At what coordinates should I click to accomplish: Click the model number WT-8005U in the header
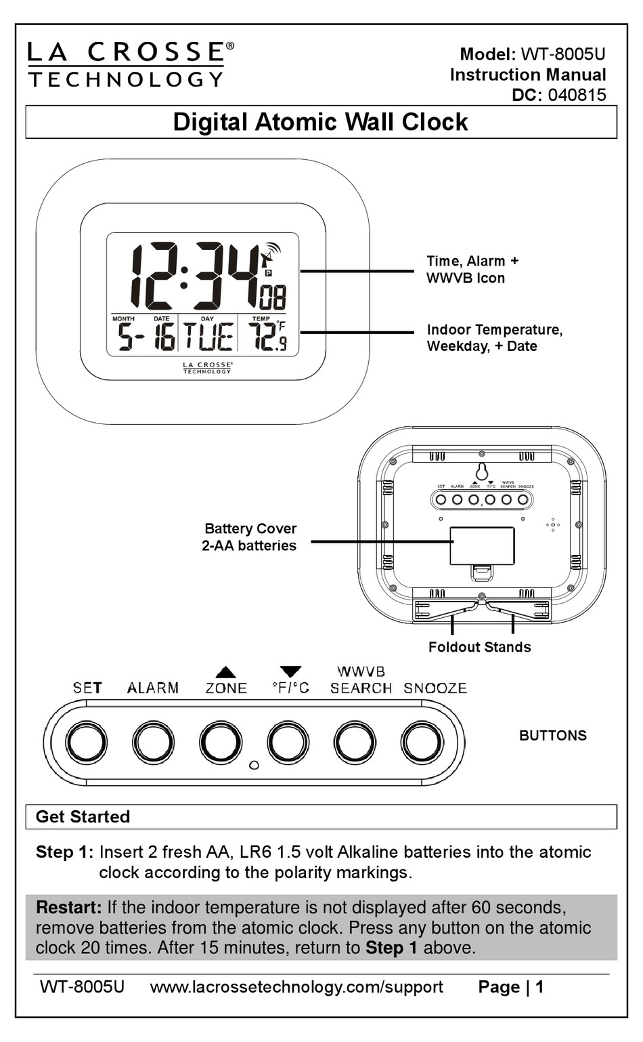click(562, 54)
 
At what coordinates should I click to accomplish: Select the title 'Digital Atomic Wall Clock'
click(320, 122)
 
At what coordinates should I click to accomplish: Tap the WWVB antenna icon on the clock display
click(269, 255)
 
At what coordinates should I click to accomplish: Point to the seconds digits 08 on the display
click(273, 297)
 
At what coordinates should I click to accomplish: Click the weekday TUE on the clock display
click(208, 337)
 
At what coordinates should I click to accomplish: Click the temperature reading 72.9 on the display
click(266, 336)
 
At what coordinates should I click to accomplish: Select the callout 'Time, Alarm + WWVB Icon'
click(472, 270)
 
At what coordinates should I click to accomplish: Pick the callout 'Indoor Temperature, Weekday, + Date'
click(494, 338)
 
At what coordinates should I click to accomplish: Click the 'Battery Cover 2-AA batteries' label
click(250, 537)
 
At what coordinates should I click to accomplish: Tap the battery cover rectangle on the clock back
click(482, 545)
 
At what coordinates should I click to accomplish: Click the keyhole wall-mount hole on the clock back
click(482, 472)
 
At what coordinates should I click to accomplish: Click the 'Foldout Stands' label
click(479, 647)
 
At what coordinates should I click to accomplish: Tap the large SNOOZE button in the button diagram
click(422, 743)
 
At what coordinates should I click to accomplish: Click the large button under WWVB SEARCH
click(355, 743)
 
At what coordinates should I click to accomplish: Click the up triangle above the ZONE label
click(225, 672)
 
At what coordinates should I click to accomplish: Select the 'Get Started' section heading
click(83, 817)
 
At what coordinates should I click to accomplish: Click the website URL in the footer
click(296, 987)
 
